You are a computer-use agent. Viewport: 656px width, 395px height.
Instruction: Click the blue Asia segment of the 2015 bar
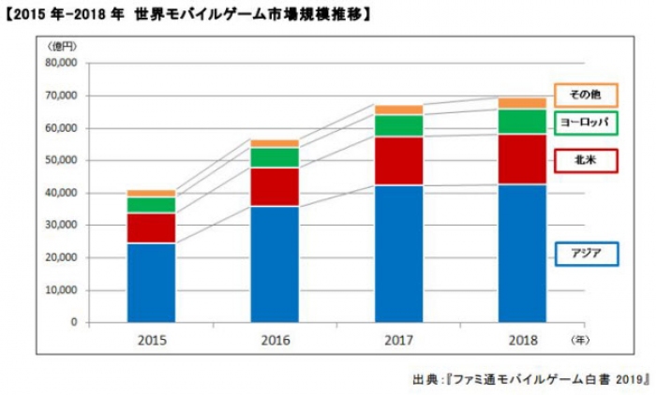[151, 282]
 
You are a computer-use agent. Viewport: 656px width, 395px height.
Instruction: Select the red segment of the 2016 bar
[275, 186]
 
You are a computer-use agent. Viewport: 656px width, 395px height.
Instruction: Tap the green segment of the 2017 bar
[398, 125]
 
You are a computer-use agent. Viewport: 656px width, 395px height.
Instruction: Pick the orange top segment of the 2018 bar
[522, 102]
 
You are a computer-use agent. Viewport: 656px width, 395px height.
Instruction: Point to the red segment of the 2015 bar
[151, 227]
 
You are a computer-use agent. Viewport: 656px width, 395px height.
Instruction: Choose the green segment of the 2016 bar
[275, 157]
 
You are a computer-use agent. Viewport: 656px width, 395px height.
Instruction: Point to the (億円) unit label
[58, 45]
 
